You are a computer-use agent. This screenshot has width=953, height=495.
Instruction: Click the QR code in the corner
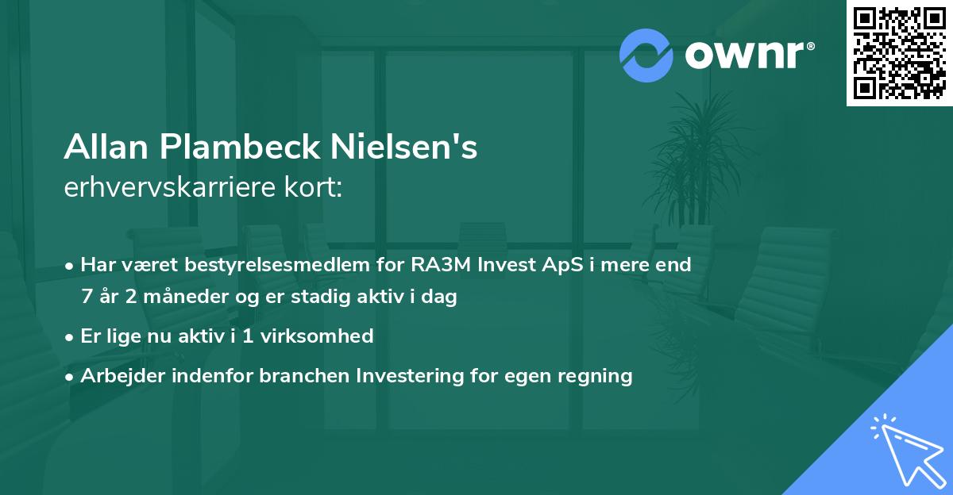pos(899,52)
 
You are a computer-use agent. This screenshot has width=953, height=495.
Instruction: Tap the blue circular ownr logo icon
pos(646,55)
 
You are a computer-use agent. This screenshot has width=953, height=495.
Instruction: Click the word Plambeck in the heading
pos(230,148)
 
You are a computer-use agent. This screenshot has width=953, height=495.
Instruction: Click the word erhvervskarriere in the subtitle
pos(162,189)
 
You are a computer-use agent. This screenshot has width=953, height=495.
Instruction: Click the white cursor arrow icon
pos(905,449)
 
